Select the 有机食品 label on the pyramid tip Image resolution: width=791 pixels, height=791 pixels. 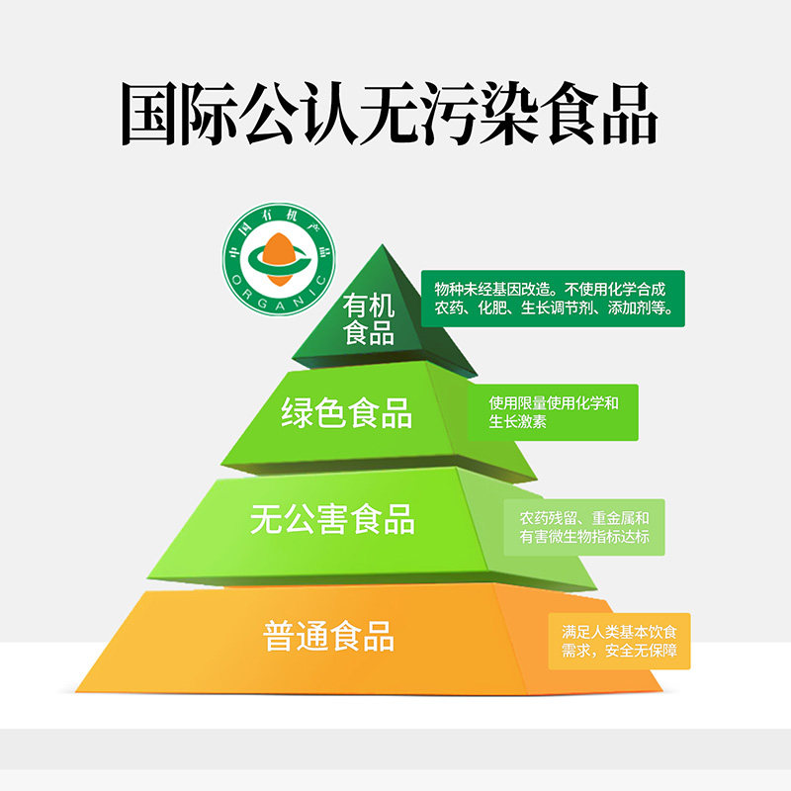tap(369, 318)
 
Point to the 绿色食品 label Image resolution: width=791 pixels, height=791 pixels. tap(347, 412)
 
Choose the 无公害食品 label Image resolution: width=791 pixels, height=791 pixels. tap(332, 519)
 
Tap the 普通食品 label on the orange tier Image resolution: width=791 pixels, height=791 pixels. tap(329, 635)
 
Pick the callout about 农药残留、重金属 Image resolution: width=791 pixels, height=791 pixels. tap(584, 527)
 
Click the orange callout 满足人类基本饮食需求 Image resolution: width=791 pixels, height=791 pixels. tap(619, 641)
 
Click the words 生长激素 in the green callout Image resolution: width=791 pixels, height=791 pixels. tap(517, 422)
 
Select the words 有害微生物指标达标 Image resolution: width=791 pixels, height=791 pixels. tap(584, 537)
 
